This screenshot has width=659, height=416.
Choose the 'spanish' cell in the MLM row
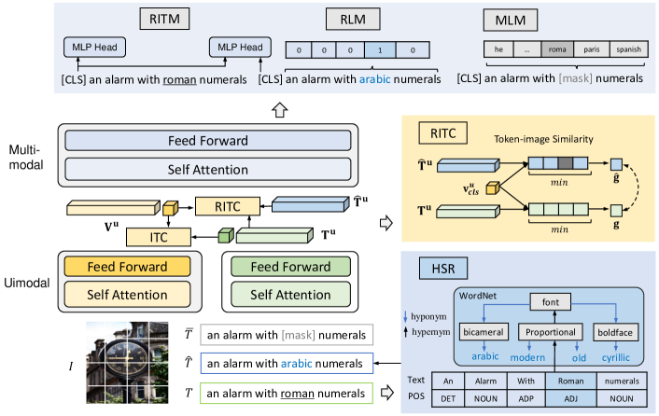click(x=627, y=49)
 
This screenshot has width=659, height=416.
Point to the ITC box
click(x=158, y=236)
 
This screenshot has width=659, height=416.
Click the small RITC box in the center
click(x=220, y=205)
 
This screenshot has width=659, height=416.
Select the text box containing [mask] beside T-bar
click(x=288, y=334)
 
